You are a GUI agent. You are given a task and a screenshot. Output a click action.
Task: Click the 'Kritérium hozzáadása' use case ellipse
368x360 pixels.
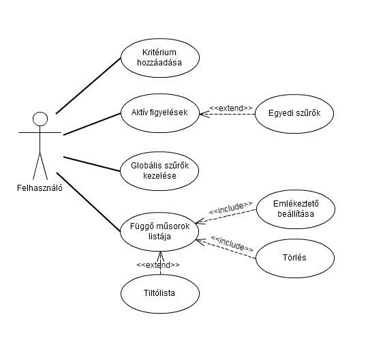tap(160, 39)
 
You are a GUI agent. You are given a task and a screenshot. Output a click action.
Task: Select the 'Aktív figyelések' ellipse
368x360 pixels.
tap(160, 94)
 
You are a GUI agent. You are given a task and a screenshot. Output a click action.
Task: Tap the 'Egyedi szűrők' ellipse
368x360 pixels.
tap(294, 95)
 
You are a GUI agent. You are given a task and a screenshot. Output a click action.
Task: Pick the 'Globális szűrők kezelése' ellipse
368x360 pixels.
tap(159, 152)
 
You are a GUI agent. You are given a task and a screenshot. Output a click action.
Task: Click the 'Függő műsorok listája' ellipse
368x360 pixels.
tap(159, 213)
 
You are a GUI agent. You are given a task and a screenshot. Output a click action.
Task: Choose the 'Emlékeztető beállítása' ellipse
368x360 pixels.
tap(296, 190)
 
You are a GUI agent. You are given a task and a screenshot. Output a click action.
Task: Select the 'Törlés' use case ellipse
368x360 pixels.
tap(295, 239)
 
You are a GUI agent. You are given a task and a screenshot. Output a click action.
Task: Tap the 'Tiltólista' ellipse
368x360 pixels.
tap(160, 275)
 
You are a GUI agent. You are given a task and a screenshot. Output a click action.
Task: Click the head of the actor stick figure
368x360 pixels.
tap(40, 119)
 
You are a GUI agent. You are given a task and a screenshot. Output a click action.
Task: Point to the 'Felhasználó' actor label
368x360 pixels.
tap(40, 188)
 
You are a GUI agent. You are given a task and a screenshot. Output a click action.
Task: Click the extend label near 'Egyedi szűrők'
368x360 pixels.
tap(231, 108)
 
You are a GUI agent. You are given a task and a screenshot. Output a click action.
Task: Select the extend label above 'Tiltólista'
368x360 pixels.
tap(158, 265)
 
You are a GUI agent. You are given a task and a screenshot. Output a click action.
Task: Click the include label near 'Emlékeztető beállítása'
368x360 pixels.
tap(231, 207)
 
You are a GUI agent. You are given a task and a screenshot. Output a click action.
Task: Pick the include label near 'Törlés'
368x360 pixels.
tap(232, 243)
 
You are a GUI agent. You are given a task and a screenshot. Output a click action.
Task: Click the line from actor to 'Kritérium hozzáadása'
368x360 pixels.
tap(88, 86)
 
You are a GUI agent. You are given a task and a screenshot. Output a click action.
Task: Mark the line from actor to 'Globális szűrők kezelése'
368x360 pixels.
tap(92, 164)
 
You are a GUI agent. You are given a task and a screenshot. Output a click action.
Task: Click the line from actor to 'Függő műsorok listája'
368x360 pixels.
tap(88, 202)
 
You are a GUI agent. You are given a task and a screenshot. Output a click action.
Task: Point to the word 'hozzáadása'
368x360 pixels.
tap(159, 63)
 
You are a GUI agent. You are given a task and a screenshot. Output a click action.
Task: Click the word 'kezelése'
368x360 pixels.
tap(159, 176)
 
